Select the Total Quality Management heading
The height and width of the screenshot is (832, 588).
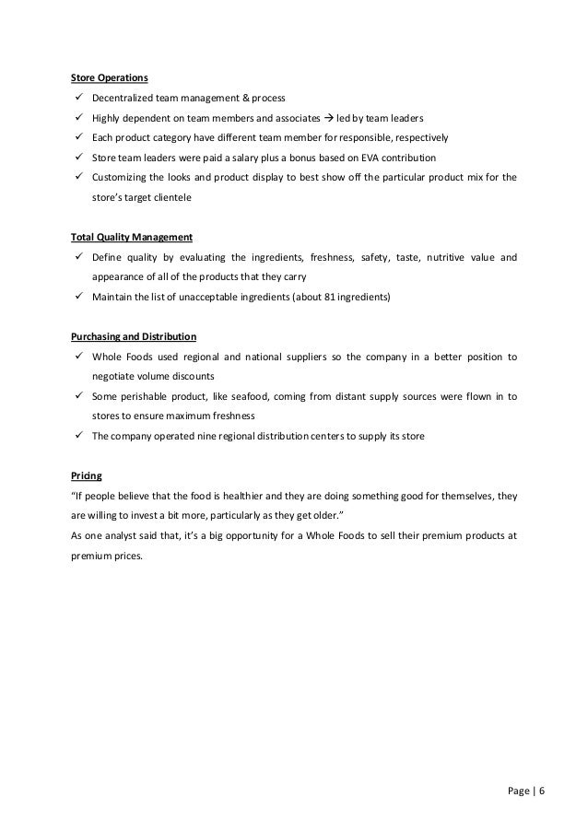point(131,237)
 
